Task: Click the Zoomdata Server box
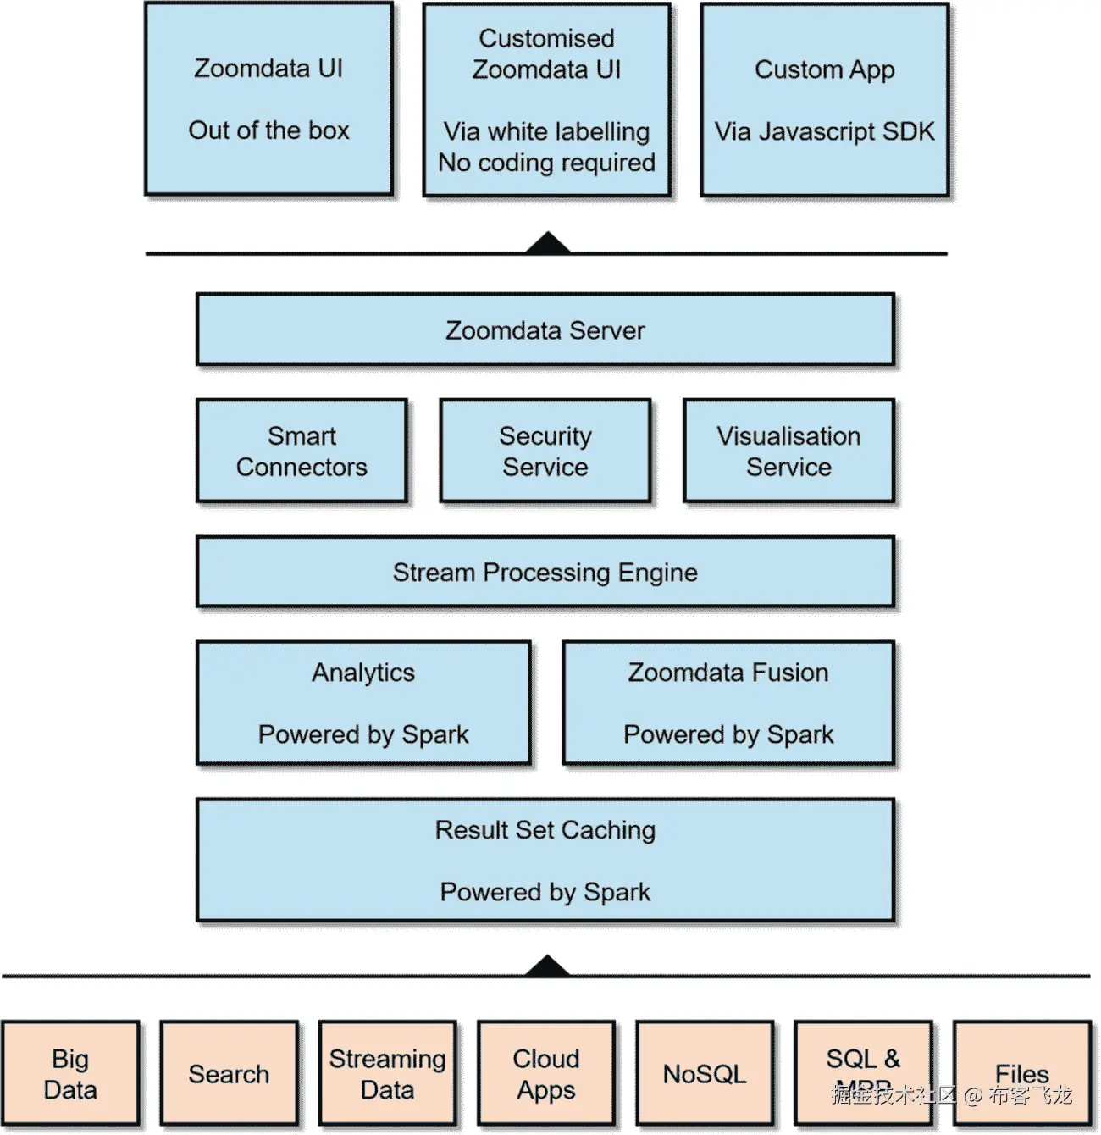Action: coord(545,329)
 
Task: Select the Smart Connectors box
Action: coord(302,451)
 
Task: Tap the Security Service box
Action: coord(545,451)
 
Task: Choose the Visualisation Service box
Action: coord(788,451)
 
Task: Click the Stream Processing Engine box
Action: coord(545,572)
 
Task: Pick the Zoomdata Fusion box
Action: coord(728,703)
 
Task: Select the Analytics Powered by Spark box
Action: coord(363,703)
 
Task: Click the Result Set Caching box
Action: coord(545,860)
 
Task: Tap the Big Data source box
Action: coord(70,1073)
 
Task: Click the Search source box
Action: coord(229,1073)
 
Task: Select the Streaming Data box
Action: coord(387,1073)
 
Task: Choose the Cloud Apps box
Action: coord(546,1073)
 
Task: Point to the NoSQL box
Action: coord(705,1073)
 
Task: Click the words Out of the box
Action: coord(268,130)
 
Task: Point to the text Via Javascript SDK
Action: coord(824,131)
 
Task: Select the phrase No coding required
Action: coord(546,162)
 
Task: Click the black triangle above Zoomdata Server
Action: coord(547,244)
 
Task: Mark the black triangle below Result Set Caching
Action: coord(547,967)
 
